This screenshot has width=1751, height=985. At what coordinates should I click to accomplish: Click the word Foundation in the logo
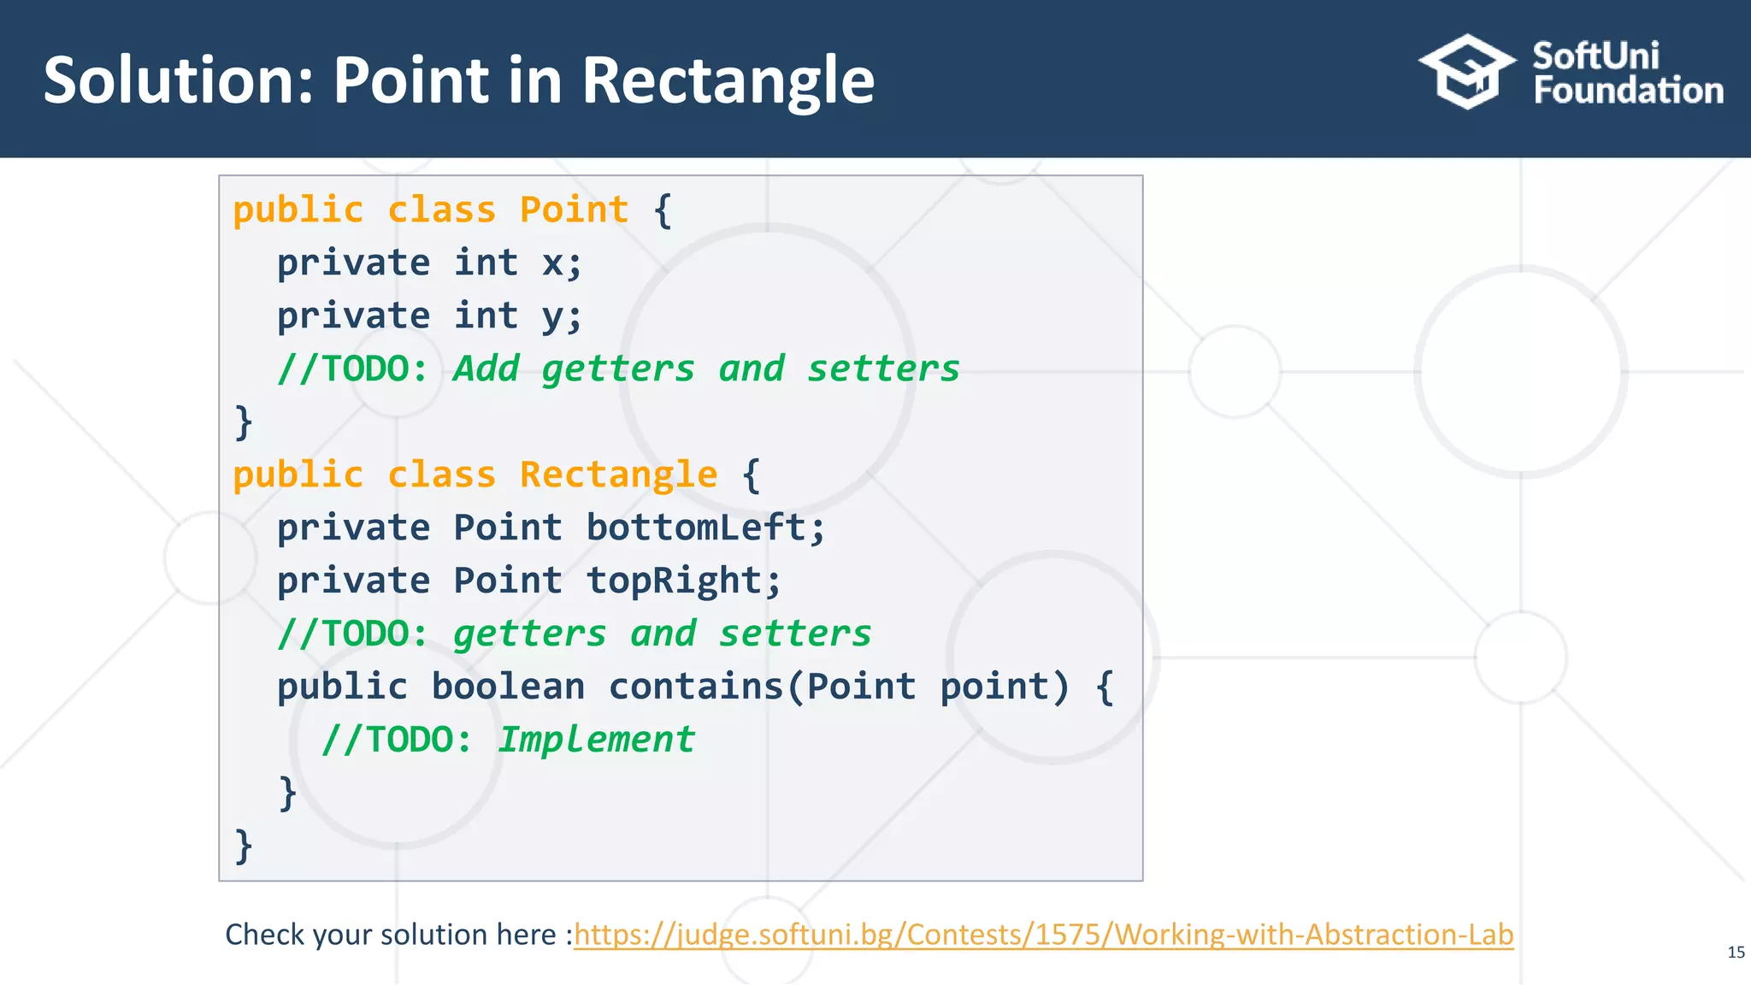pyautogui.click(x=1628, y=91)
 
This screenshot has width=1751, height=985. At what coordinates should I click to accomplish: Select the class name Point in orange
pyautogui.click(x=574, y=209)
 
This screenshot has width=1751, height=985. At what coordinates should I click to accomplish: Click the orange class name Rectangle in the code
pyautogui.click(x=618, y=475)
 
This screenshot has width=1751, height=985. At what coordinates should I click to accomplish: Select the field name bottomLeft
pyautogui.click(x=695, y=528)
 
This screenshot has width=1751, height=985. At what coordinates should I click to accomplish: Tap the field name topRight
pyautogui.click(x=674, y=581)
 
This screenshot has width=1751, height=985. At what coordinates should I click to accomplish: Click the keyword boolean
pyautogui.click(x=508, y=687)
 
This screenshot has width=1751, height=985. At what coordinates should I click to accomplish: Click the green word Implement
pyautogui.click(x=596, y=740)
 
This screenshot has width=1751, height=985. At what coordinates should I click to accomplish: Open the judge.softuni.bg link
pyautogui.click(x=1043, y=935)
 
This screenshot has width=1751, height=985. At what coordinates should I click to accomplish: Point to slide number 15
pyautogui.click(x=1736, y=953)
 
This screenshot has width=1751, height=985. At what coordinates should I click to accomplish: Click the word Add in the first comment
pyautogui.click(x=486, y=369)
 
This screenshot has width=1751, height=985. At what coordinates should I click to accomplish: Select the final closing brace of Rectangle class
pyautogui.click(x=244, y=846)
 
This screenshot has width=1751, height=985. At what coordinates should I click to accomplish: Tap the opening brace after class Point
pyautogui.click(x=663, y=210)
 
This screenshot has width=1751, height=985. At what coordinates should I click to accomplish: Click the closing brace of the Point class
pyautogui.click(x=244, y=422)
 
